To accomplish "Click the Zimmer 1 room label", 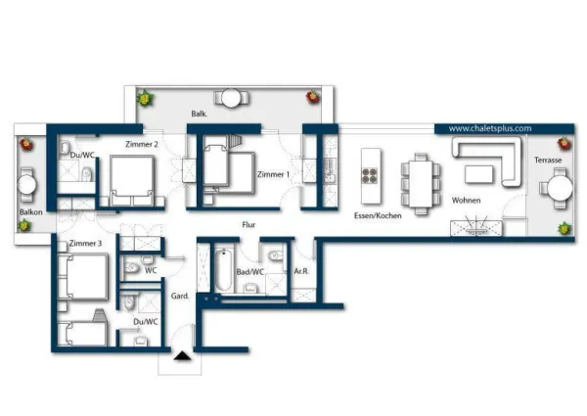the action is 273,174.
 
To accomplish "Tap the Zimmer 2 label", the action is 142,144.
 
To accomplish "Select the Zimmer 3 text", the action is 85,244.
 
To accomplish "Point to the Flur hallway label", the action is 248,225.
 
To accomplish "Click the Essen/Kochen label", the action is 378,215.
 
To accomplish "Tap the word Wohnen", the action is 466,201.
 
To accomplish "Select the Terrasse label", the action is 548,161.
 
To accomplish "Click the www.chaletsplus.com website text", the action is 490,128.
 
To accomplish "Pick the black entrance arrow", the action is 182,356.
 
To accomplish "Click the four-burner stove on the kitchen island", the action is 370,176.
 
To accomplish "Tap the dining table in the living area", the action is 421,184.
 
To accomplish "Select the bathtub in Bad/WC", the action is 223,269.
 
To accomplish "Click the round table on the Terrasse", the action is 560,188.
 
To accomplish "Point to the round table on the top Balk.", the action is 231,98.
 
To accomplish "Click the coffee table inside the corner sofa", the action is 478,174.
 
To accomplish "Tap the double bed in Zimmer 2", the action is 132,181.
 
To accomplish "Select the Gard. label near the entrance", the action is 180,297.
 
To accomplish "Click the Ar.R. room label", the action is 301,271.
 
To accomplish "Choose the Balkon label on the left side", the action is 30,212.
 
